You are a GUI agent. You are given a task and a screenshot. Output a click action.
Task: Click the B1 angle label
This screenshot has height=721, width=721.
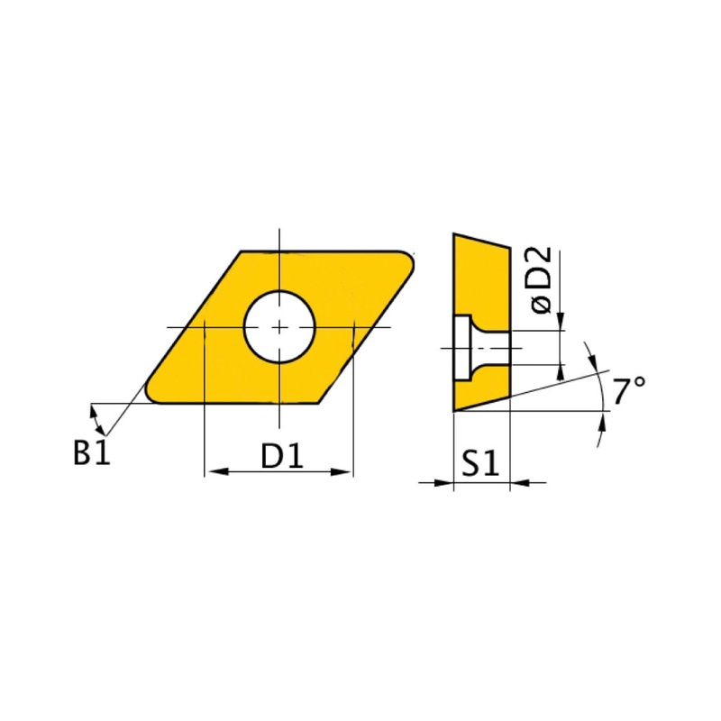tap(92, 452)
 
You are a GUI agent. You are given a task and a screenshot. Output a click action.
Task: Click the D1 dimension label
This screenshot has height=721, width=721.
tap(282, 456)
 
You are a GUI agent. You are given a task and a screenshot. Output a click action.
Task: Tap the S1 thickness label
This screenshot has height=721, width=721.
tap(480, 463)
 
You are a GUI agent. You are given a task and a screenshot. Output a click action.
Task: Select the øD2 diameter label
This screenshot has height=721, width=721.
tap(542, 280)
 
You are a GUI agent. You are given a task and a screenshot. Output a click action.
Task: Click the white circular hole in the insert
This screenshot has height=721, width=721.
tap(279, 327)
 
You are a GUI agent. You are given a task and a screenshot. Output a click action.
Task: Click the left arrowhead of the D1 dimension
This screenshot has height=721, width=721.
tap(218, 471)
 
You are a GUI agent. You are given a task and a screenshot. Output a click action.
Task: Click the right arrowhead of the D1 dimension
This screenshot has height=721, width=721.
tap(341, 471)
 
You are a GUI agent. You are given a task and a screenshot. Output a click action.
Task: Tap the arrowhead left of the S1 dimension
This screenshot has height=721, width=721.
tap(443, 483)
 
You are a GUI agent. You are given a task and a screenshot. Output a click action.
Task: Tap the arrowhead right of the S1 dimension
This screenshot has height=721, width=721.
tap(521, 483)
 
